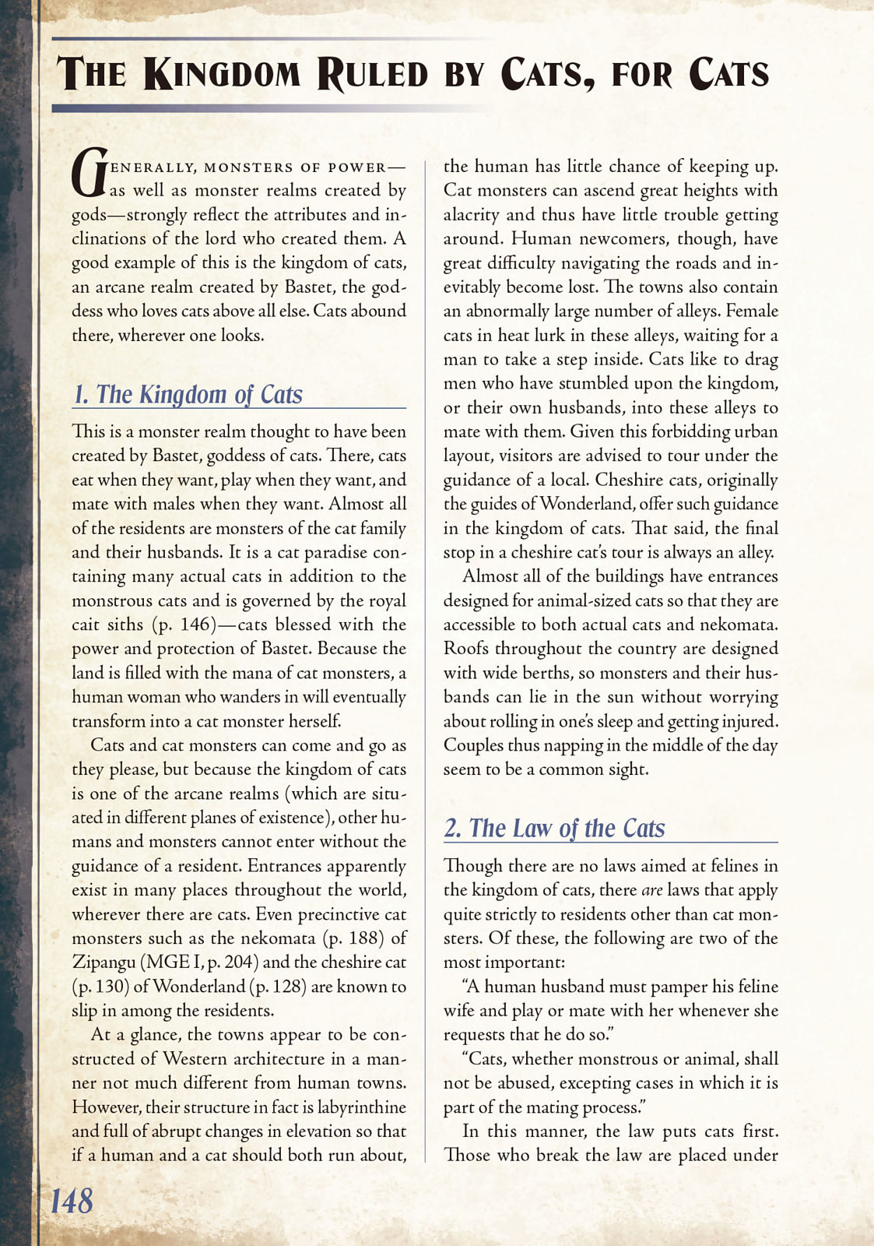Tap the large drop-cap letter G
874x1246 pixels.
[x=88, y=173]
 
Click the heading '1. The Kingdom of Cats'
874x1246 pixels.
[x=188, y=394]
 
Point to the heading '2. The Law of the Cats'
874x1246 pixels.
[x=554, y=828]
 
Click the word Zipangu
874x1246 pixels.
[x=104, y=963]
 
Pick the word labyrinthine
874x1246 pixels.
[x=358, y=1107]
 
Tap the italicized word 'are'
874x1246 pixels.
[x=651, y=890]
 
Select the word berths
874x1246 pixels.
[x=547, y=673]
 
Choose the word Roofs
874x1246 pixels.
[x=465, y=649]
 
